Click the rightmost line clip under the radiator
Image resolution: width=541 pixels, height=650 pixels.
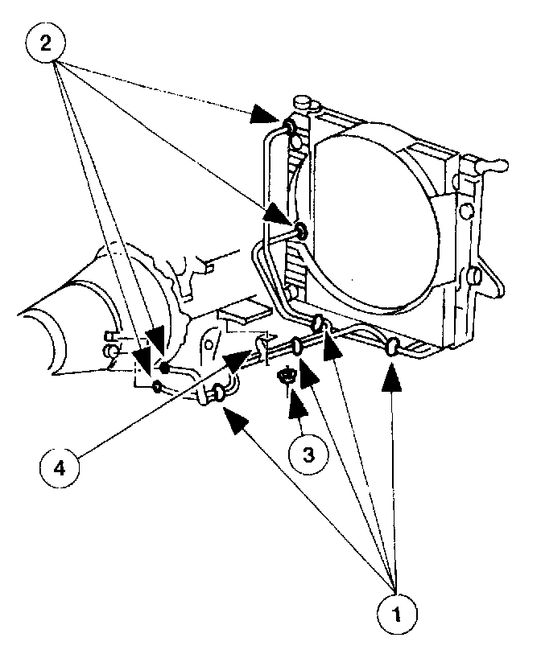(393, 348)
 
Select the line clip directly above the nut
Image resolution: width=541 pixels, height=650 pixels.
(298, 346)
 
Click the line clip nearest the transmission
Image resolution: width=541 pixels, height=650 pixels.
(218, 393)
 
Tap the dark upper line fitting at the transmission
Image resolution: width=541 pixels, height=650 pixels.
(164, 368)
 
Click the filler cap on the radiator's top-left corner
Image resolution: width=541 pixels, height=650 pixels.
(304, 102)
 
